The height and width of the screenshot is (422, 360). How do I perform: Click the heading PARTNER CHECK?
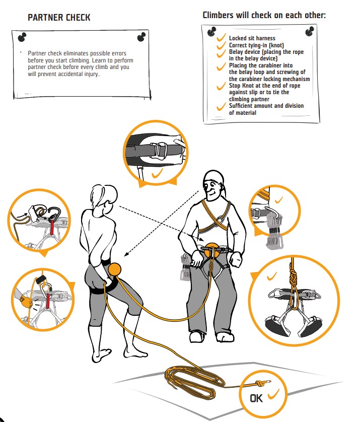tap(59, 18)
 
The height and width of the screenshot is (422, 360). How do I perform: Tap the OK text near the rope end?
tap(256, 398)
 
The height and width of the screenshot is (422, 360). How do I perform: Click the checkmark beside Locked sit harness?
tap(221, 38)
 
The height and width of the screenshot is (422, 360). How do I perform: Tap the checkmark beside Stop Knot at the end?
tap(221, 86)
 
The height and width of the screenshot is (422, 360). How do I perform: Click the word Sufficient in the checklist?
tap(241, 106)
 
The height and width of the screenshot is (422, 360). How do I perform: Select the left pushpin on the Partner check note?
tap(22, 37)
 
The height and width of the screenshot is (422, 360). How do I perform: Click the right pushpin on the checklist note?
tap(310, 31)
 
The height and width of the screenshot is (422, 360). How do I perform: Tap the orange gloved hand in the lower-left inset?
tap(26, 302)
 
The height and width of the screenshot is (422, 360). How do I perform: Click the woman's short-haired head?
tap(104, 196)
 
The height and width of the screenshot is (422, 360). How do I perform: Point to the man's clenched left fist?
tap(237, 259)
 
